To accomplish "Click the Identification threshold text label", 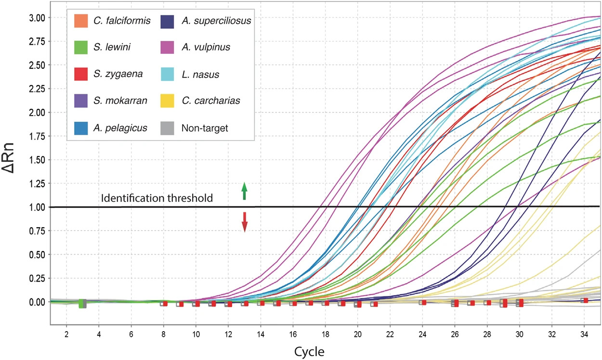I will [157, 198].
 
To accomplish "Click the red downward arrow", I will [244, 222].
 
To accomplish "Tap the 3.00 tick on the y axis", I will [37, 18].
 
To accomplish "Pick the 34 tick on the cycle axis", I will [584, 334].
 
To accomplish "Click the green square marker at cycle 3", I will [82, 303].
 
